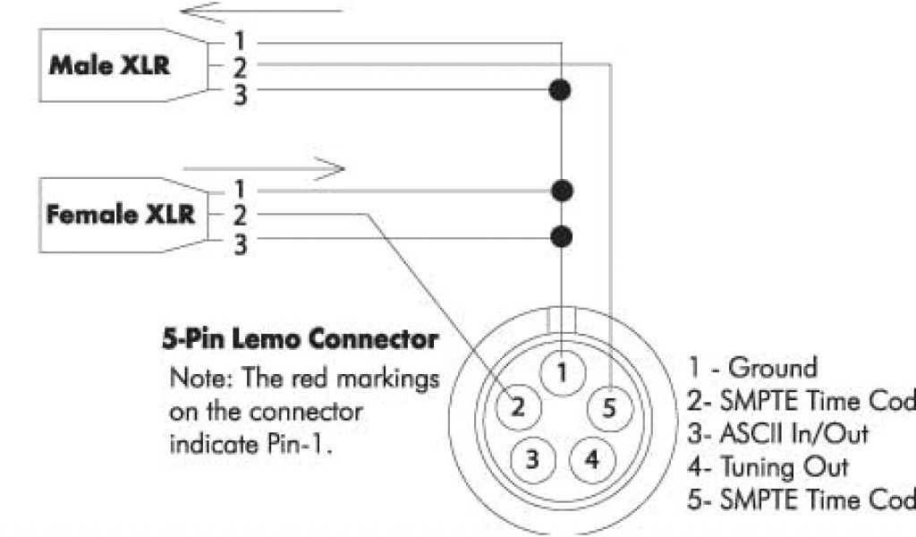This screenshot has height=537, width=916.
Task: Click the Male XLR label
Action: [x=108, y=65]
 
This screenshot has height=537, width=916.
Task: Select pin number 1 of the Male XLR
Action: [x=240, y=41]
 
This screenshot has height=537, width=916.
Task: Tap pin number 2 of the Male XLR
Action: [x=240, y=65]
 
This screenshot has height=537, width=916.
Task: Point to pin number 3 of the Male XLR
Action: [x=240, y=91]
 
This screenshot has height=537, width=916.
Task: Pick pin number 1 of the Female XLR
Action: [x=240, y=190]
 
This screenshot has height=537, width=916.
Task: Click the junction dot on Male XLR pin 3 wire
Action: [x=561, y=89]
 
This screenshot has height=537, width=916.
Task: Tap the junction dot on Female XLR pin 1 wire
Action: [x=561, y=190]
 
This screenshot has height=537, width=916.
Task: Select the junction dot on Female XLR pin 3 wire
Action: [x=561, y=237]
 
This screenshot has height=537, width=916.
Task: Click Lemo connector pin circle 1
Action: [x=561, y=371]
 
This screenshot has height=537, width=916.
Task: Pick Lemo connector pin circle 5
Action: [x=607, y=408]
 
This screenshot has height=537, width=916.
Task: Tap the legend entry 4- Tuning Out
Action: [x=768, y=466]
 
